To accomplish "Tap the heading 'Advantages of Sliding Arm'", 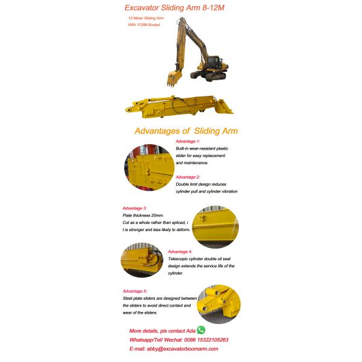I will [x=186, y=131].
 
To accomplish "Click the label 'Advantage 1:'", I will [x=188, y=141].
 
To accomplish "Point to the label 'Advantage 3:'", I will [x=135, y=208].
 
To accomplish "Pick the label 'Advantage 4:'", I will [x=180, y=251].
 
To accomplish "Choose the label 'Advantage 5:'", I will [x=135, y=291].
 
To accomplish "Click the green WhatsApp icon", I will [x=201, y=330].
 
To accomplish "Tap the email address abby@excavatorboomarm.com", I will [x=180, y=349].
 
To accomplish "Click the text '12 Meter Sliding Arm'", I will [x=146, y=19].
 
